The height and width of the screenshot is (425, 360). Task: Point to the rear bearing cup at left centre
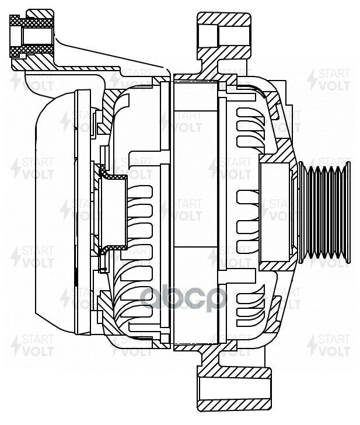pos(113,213)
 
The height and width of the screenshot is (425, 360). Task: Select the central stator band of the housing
pos(195,213)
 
